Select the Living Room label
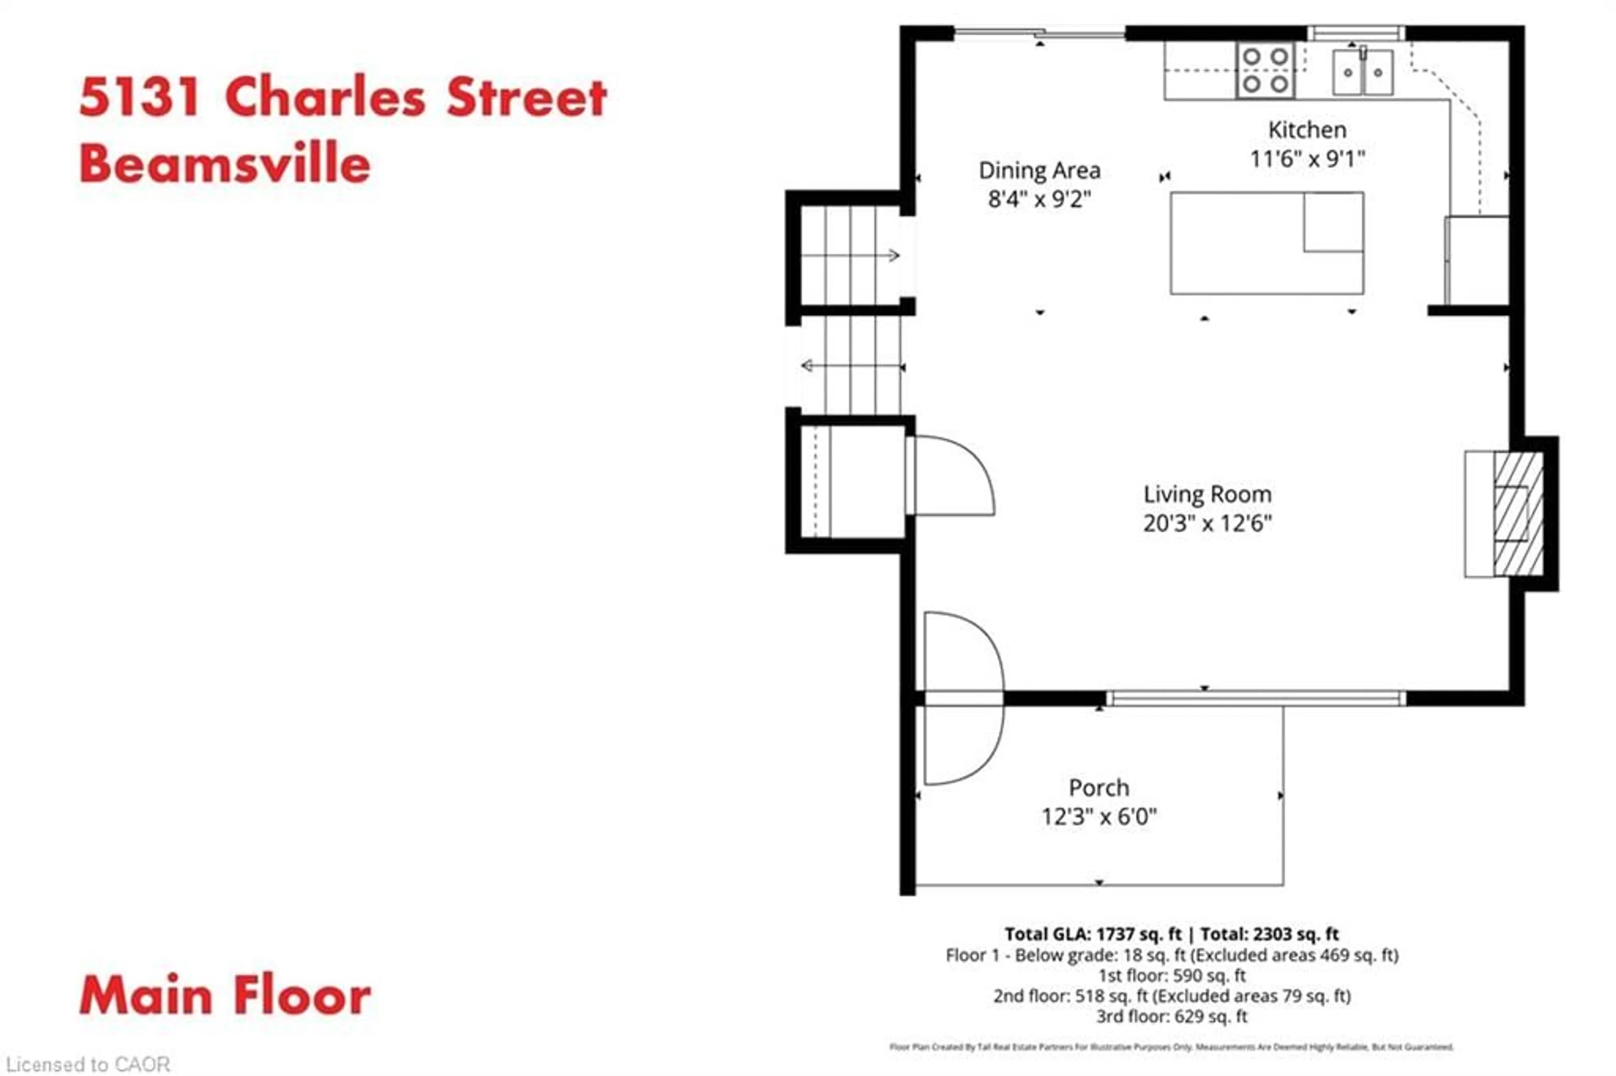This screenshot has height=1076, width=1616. tap(1207, 494)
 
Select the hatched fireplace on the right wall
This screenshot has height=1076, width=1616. tap(1518, 513)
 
